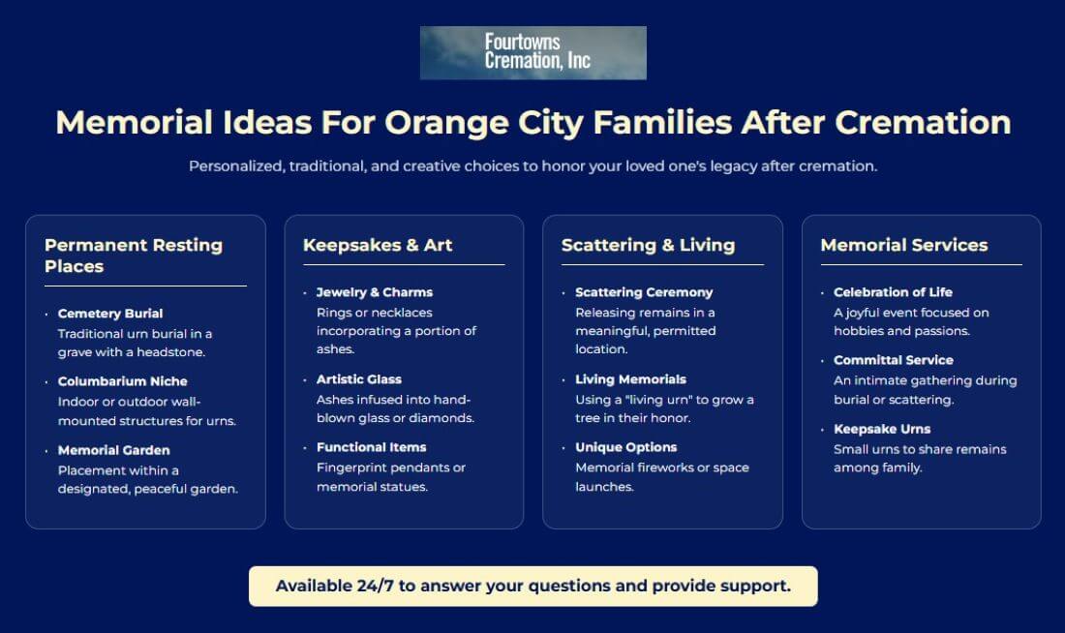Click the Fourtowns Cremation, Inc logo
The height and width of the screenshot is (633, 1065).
coord(533,53)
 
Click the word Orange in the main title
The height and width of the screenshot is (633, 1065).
coord(447,123)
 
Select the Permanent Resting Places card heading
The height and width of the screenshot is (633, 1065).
coord(134,256)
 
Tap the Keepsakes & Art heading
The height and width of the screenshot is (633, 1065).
coord(378,245)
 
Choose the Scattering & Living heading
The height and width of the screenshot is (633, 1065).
coord(648,245)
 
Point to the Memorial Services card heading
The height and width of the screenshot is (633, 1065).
coord(904,245)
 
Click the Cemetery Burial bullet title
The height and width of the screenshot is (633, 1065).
coord(110,314)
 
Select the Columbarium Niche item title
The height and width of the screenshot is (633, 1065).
coord(122,381)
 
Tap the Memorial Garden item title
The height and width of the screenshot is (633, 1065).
coord(113,450)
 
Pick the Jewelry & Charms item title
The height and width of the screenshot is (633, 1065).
coord(375,292)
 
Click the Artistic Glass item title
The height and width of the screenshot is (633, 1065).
coord(358,379)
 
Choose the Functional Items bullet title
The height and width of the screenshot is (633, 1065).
coord(372,447)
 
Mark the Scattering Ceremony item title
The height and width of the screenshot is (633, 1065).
coord(644,292)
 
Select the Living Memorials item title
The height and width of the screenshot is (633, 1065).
coord(630,379)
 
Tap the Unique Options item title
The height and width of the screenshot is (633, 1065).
coord(625,447)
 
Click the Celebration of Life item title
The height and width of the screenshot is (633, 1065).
coord(894,292)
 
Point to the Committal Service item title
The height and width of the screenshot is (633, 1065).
coord(894,361)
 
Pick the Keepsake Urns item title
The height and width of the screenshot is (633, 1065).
coord(882,429)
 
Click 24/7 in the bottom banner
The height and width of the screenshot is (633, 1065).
coord(375,587)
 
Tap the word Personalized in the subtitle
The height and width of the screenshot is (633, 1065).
coord(236,166)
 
